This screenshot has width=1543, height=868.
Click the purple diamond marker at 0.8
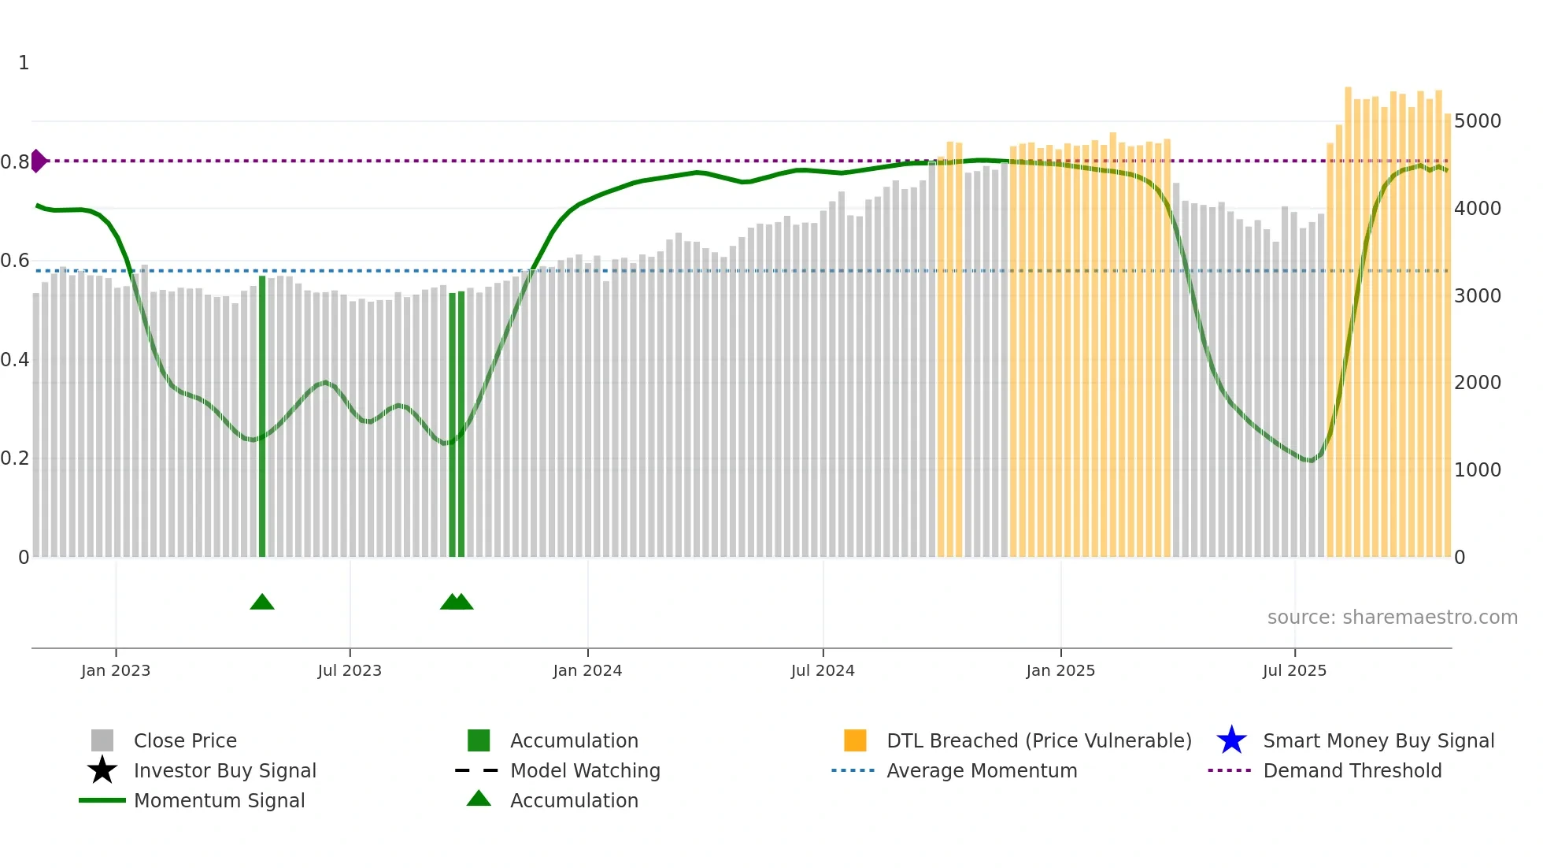38,161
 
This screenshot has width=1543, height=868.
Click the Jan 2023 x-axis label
116,671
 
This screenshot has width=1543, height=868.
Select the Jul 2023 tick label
350,671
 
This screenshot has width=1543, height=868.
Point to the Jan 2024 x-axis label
587,671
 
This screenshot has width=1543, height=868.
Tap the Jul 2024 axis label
823,671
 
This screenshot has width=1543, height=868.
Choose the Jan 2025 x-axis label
1060,671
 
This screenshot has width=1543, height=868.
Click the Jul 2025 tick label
1294,671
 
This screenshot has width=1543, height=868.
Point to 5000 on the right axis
1478,121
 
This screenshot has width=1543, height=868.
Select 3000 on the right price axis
1478,296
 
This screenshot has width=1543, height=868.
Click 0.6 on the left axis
15,261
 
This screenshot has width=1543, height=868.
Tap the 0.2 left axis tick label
15,458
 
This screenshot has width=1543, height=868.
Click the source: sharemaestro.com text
1392,618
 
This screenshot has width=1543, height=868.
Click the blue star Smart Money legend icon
1231,740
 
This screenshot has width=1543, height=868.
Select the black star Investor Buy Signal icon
102,770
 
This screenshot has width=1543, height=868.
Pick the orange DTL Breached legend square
855,740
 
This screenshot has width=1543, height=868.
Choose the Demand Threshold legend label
1352,771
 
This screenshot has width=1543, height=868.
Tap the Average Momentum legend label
982,771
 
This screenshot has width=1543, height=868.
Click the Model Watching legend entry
585,771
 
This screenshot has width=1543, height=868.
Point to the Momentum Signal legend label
219,801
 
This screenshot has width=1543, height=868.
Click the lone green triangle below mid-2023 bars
262,603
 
